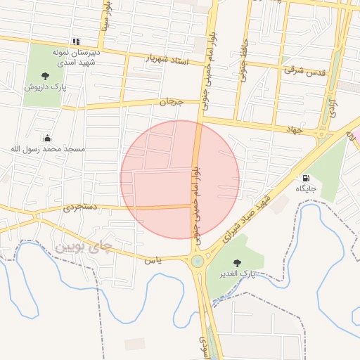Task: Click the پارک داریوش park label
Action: tap(45, 88)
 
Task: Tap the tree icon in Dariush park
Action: tap(45, 76)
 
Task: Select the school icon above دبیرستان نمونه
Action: tap(76, 41)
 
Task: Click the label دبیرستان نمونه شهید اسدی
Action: tap(77, 57)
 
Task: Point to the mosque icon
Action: tap(47, 139)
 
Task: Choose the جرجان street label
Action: tap(171, 103)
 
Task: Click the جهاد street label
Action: tap(293, 130)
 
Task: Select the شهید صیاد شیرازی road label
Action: tap(243, 218)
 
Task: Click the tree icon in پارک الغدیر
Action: tap(236, 262)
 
